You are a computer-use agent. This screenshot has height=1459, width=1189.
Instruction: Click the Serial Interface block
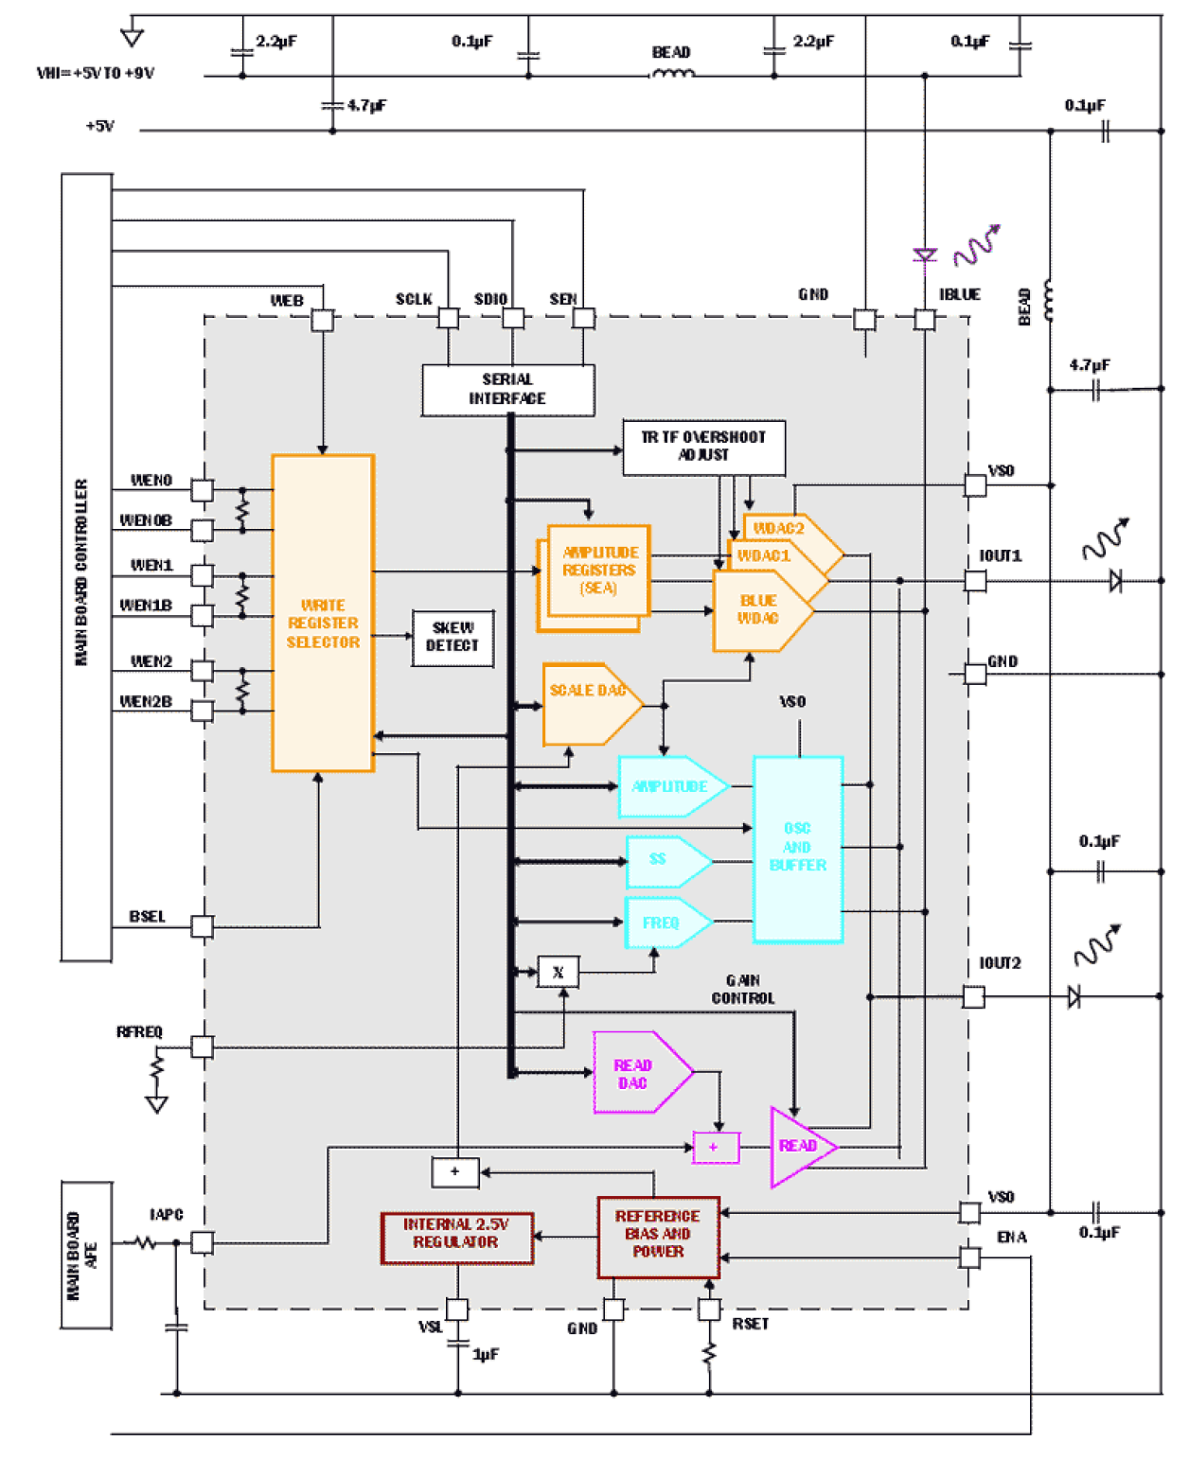pyautogui.click(x=507, y=390)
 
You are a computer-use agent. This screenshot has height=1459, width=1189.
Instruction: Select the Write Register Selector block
pyautogui.click(x=323, y=613)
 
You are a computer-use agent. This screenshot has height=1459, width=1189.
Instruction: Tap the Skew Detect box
pyautogui.click(x=453, y=638)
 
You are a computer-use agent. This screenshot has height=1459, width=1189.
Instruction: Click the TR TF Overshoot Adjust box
pyautogui.click(x=703, y=447)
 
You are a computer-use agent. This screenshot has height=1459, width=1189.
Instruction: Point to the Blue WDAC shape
pyautogui.click(x=758, y=611)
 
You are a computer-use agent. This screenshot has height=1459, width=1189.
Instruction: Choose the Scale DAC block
pyautogui.click(x=586, y=704)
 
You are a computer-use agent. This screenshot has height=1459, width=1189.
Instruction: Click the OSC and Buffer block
pyautogui.click(x=797, y=848)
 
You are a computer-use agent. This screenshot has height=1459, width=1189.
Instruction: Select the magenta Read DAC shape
pyautogui.click(x=636, y=1073)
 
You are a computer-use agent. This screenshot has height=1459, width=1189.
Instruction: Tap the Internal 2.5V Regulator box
pyautogui.click(x=456, y=1238)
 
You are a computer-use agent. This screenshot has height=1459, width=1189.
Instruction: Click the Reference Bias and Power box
pyautogui.click(x=658, y=1234)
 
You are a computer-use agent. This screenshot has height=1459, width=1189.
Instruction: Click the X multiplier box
pyautogui.click(x=558, y=972)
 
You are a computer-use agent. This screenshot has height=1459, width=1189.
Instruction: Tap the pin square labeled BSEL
pyautogui.click(x=202, y=926)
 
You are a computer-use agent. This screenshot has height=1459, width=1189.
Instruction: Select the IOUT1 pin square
pyautogui.click(x=974, y=580)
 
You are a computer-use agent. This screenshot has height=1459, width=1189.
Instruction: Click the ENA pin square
pyautogui.click(x=969, y=1257)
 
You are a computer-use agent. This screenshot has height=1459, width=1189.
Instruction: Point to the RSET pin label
pyautogui.click(x=750, y=1324)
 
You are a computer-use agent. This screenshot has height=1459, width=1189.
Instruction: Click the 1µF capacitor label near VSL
pyautogui.click(x=486, y=1355)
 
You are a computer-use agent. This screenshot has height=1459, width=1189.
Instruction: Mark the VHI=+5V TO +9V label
pyautogui.click(x=96, y=74)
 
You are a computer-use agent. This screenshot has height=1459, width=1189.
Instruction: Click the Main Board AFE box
pyautogui.click(x=86, y=1255)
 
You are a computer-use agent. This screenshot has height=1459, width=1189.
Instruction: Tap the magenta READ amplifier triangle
pyautogui.click(x=797, y=1147)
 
